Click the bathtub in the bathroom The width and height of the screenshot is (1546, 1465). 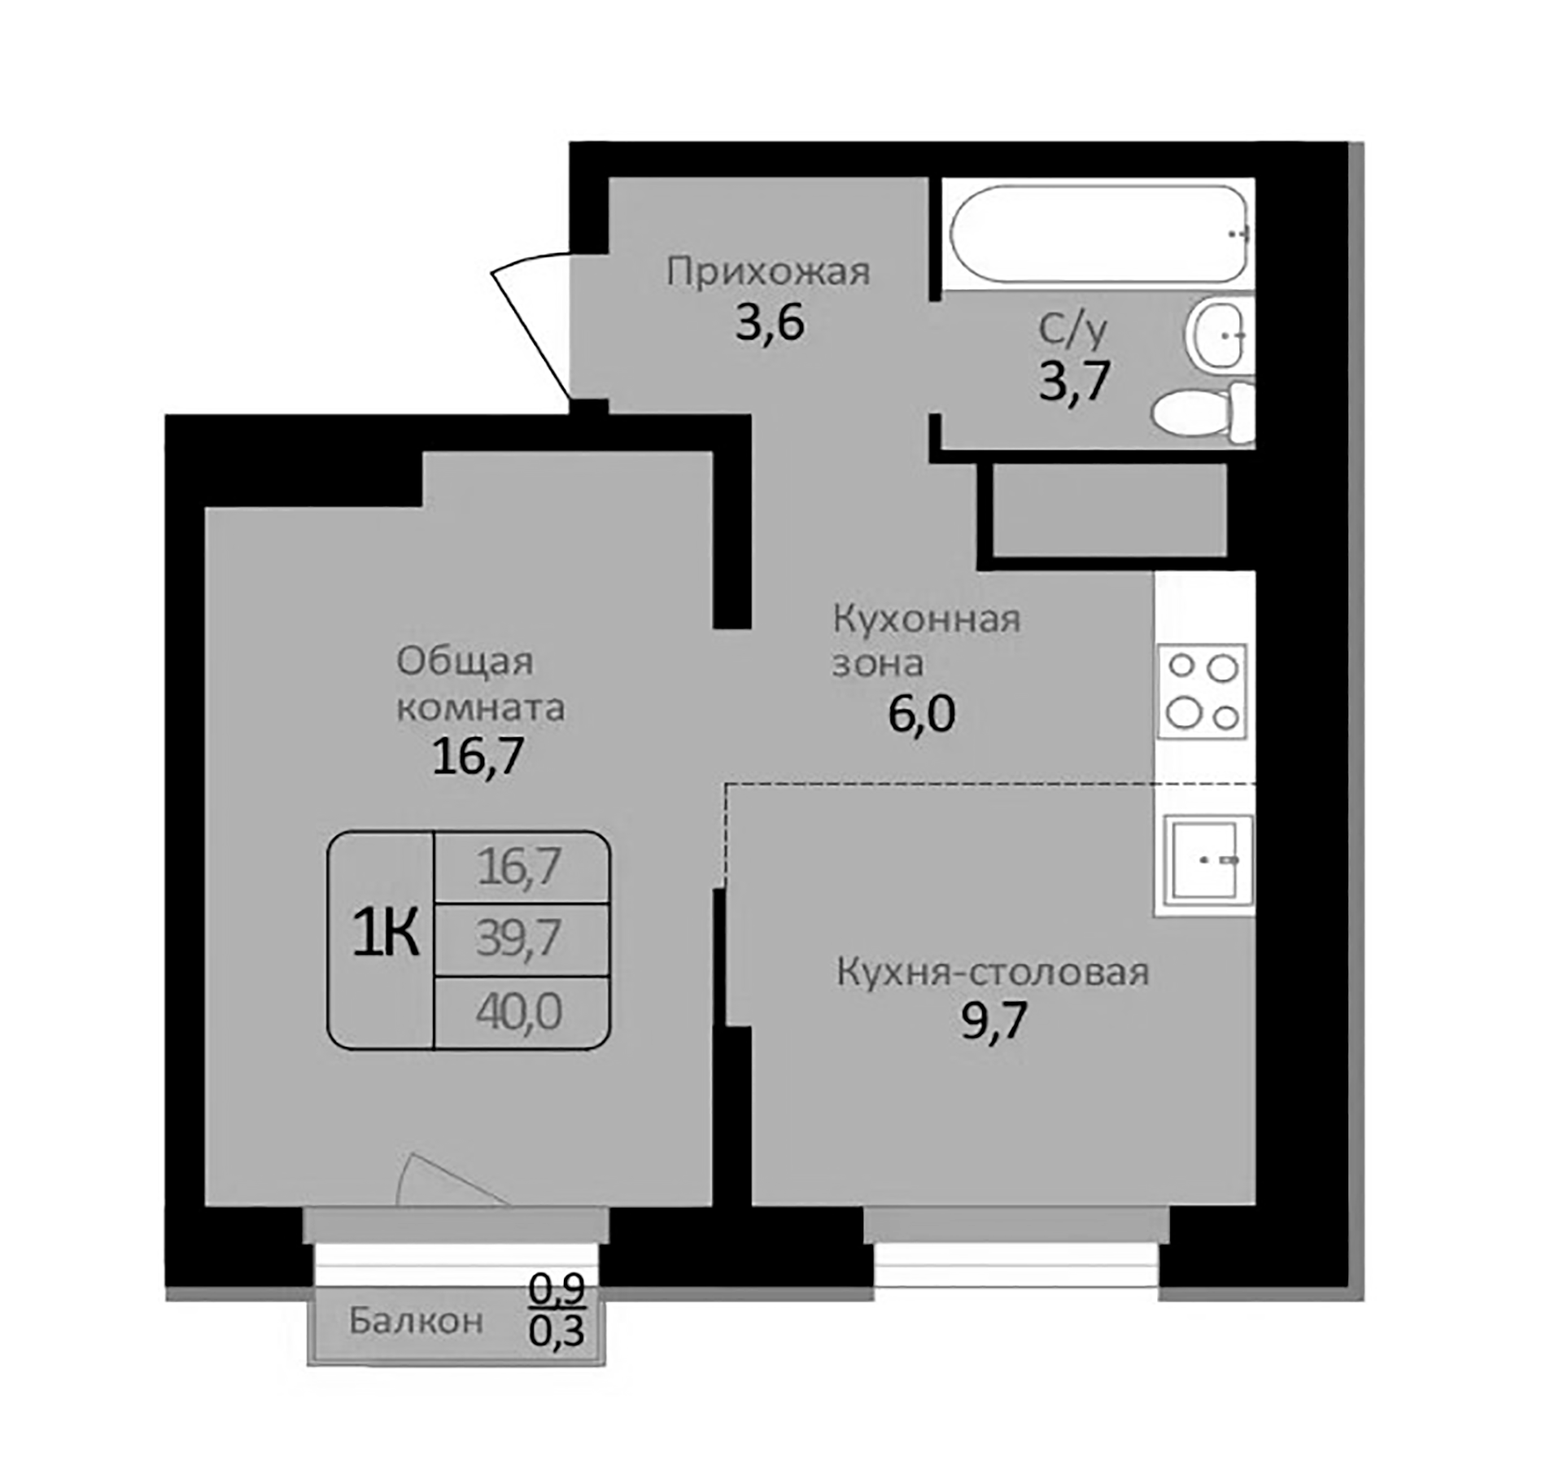coord(1098,234)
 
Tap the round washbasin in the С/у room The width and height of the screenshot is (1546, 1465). coord(1216,334)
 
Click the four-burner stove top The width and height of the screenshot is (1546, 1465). coord(1203,692)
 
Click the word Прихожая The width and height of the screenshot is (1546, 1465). coord(768,272)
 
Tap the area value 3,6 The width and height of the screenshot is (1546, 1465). coord(770,322)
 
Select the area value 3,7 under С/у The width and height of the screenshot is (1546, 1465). coord(1074,381)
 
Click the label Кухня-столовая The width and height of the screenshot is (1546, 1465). coord(993,973)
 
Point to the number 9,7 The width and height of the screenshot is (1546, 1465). coord(994,1021)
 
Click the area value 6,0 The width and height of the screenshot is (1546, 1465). coord(921,715)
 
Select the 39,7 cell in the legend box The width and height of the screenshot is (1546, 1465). coord(519,939)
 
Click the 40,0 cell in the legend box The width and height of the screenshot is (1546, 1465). coord(519,1012)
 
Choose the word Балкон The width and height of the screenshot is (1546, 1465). coord(416,1321)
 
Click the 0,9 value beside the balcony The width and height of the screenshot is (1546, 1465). coord(557,1288)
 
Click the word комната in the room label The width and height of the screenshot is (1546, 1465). coord(481,707)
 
